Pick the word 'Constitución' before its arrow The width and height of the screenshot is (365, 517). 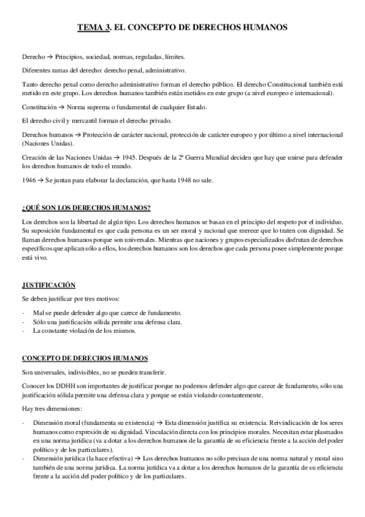click(39, 107)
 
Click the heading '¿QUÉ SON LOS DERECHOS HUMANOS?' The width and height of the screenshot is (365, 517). click(87, 209)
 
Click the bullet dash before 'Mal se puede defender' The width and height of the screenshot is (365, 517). click(23, 312)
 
